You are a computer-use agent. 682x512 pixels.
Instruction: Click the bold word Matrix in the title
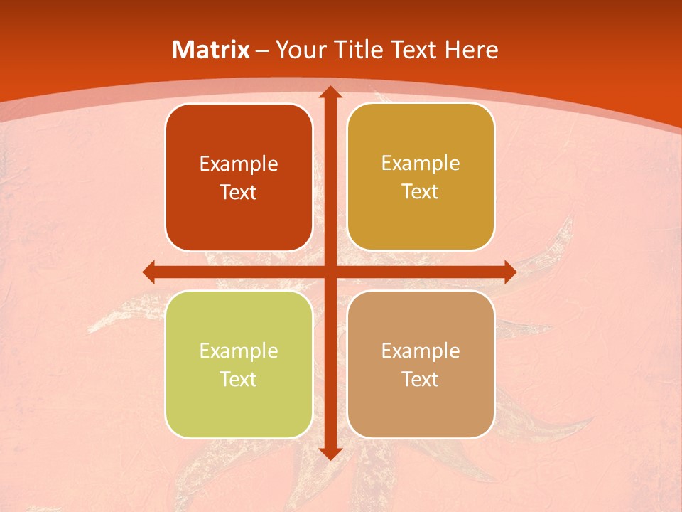tap(211, 50)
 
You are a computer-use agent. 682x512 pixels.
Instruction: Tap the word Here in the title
tap(471, 50)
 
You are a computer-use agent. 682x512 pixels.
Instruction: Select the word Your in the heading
tap(300, 50)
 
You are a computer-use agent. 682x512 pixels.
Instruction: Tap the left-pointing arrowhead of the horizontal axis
tap(149, 272)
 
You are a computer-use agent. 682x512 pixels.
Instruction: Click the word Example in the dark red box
tap(239, 164)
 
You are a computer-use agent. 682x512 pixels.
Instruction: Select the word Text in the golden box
tap(421, 192)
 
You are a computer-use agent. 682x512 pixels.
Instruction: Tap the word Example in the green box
tap(239, 351)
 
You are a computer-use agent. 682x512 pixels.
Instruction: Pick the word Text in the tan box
tap(421, 379)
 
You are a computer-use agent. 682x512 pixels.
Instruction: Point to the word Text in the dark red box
tap(239, 193)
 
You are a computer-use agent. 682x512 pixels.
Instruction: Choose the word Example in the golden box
tap(421, 164)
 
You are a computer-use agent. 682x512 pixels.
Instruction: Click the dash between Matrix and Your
tap(262, 50)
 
